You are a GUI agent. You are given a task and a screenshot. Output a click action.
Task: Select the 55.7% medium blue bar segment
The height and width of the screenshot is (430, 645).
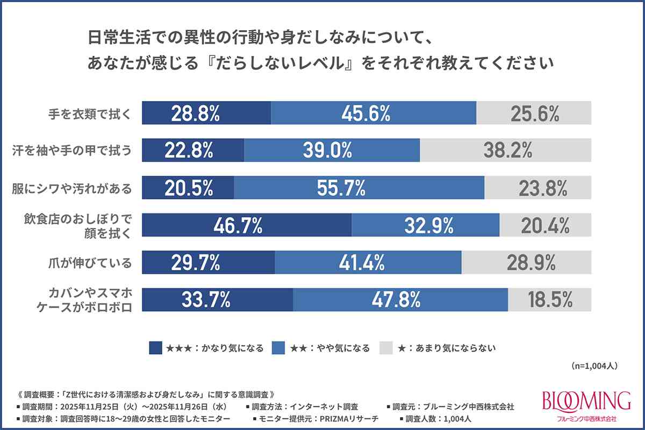tap(359, 188)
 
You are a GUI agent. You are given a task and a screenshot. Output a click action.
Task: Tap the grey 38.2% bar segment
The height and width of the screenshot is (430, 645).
tap(505, 150)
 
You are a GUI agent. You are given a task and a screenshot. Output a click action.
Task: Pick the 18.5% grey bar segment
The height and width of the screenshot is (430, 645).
tap(549, 300)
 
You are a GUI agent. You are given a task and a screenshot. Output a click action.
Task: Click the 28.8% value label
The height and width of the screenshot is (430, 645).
tap(195, 113)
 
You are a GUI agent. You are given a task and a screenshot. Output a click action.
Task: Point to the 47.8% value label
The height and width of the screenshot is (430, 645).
tap(396, 300)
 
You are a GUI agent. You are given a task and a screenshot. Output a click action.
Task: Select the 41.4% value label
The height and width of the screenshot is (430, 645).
tap(361, 263)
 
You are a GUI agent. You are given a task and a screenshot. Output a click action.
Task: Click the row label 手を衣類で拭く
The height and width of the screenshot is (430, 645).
tap(88, 113)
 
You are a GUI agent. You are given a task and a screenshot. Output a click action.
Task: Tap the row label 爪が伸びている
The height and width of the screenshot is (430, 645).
tap(88, 263)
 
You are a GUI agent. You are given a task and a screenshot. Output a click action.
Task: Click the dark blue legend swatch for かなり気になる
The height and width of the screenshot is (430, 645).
tap(155, 348)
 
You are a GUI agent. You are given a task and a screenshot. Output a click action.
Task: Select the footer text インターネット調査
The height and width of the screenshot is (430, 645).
tap(326, 406)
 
